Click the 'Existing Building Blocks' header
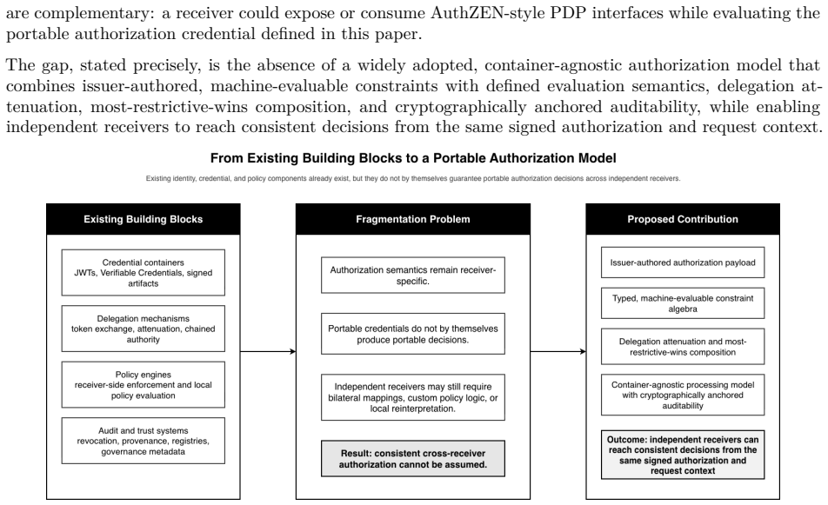[x=144, y=219]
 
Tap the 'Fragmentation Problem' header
[x=413, y=219]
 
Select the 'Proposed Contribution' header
[x=683, y=219]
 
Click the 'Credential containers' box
[x=144, y=273]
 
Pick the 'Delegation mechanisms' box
[x=144, y=329]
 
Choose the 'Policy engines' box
[x=144, y=385]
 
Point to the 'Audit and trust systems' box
[x=144, y=441]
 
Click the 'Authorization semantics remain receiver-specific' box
[x=413, y=275]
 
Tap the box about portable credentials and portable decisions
[x=413, y=334]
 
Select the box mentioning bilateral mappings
[x=413, y=397]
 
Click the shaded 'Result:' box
[x=413, y=459]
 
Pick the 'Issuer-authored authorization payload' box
[x=683, y=262]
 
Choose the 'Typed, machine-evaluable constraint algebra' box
[x=683, y=303]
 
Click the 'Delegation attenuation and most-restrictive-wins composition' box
[x=683, y=347]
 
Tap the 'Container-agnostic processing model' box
[x=683, y=395]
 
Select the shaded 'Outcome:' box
[x=683, y=455]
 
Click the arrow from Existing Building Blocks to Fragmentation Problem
[x=268, y=351]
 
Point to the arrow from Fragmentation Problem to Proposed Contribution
[x=558, y=351]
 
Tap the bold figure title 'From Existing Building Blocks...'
[x=413, y=158]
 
